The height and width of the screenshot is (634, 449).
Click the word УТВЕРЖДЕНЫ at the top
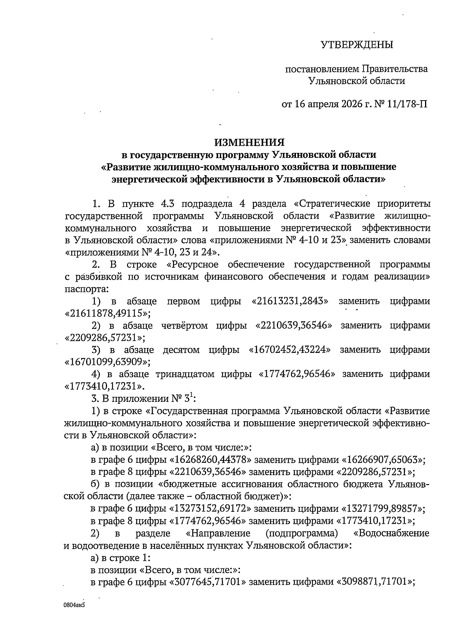click(x=357, y=45)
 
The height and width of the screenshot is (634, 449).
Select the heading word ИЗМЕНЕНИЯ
click(x=249, y=142)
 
